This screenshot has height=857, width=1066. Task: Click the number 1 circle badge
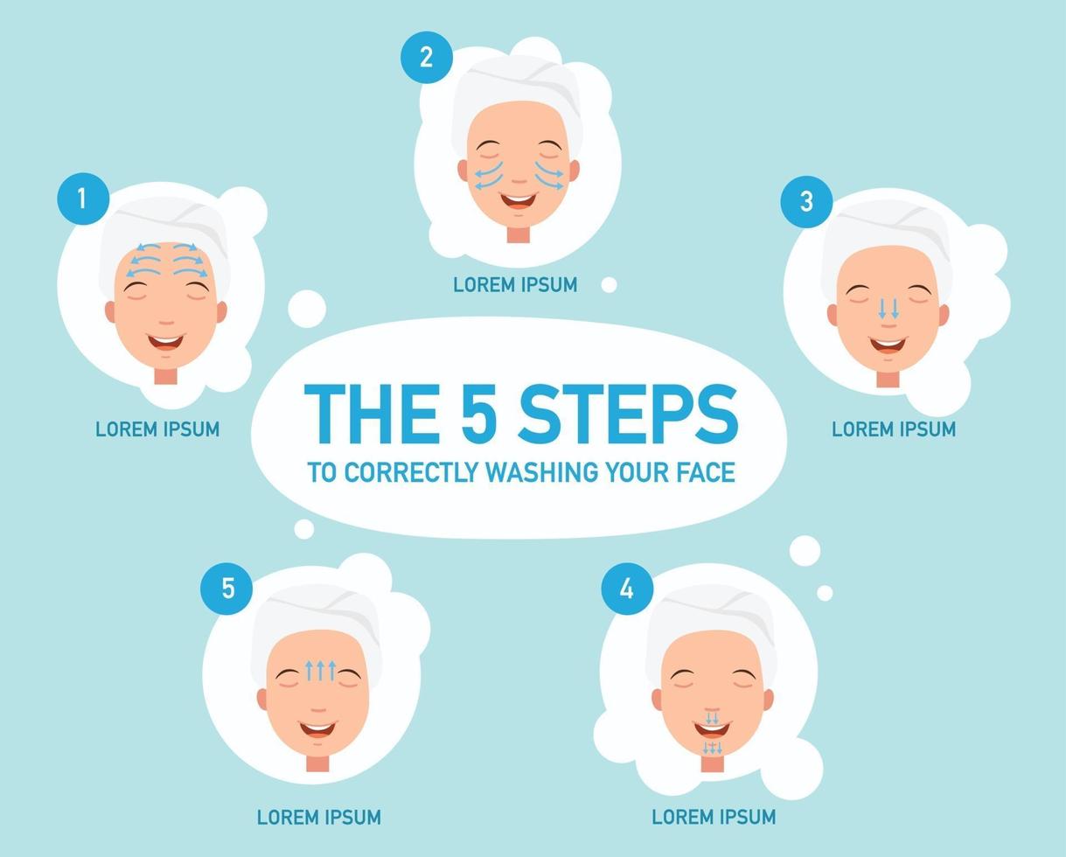(83, 199)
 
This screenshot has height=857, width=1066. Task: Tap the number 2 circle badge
(427, 57)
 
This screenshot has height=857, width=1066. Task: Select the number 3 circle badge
(806, 202)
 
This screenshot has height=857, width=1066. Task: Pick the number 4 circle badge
(627, 589)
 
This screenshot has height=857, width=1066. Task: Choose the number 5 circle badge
(226, 589)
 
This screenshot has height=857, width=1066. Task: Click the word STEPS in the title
(628, 414)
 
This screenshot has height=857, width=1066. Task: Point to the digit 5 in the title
(478, 414)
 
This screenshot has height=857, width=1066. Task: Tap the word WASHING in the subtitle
(542, 472)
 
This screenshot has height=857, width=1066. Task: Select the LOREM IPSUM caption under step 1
(157, 429)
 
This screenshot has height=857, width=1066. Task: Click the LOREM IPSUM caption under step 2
(515, 285)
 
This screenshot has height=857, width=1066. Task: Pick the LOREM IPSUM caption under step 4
(714, 817)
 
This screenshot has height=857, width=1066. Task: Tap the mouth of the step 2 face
(519, 200)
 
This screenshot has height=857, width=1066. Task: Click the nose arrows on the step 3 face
(888, 308)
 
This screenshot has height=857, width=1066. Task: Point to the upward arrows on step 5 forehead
(320, 670)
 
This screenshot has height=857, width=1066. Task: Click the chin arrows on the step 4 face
(713, 748)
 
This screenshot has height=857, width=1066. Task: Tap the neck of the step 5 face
(317, 763)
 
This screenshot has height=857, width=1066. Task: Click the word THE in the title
(372, 414)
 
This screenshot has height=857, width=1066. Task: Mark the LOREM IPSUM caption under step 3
(894, 429)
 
